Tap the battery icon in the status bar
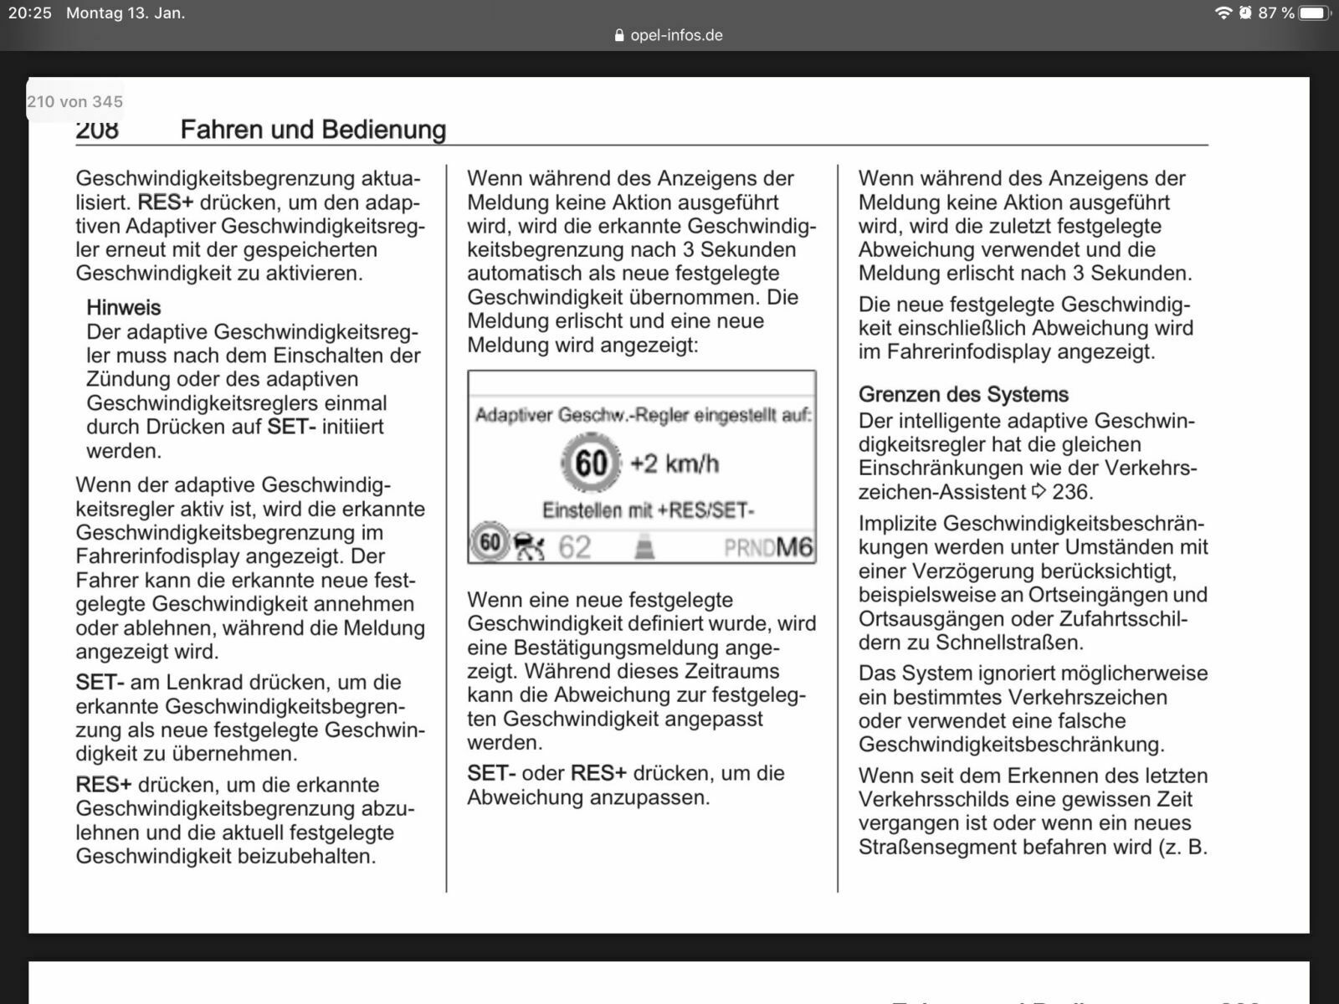1315,13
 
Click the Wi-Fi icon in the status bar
1224,13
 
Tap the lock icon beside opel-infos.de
619,36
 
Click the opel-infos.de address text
676,35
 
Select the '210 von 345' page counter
75,101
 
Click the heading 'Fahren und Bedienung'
313,130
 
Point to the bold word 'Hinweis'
123,307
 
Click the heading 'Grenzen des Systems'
963,394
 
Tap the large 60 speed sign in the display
591,463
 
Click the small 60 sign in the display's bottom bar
490,543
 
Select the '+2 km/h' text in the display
675,463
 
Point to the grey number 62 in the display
574,547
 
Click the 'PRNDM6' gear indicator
768,547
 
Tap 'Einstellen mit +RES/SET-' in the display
648,510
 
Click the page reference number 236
1072,492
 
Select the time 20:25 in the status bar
30,13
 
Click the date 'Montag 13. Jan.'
126,13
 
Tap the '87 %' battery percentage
1276,13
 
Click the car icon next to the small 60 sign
529,547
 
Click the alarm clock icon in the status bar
1245,13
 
